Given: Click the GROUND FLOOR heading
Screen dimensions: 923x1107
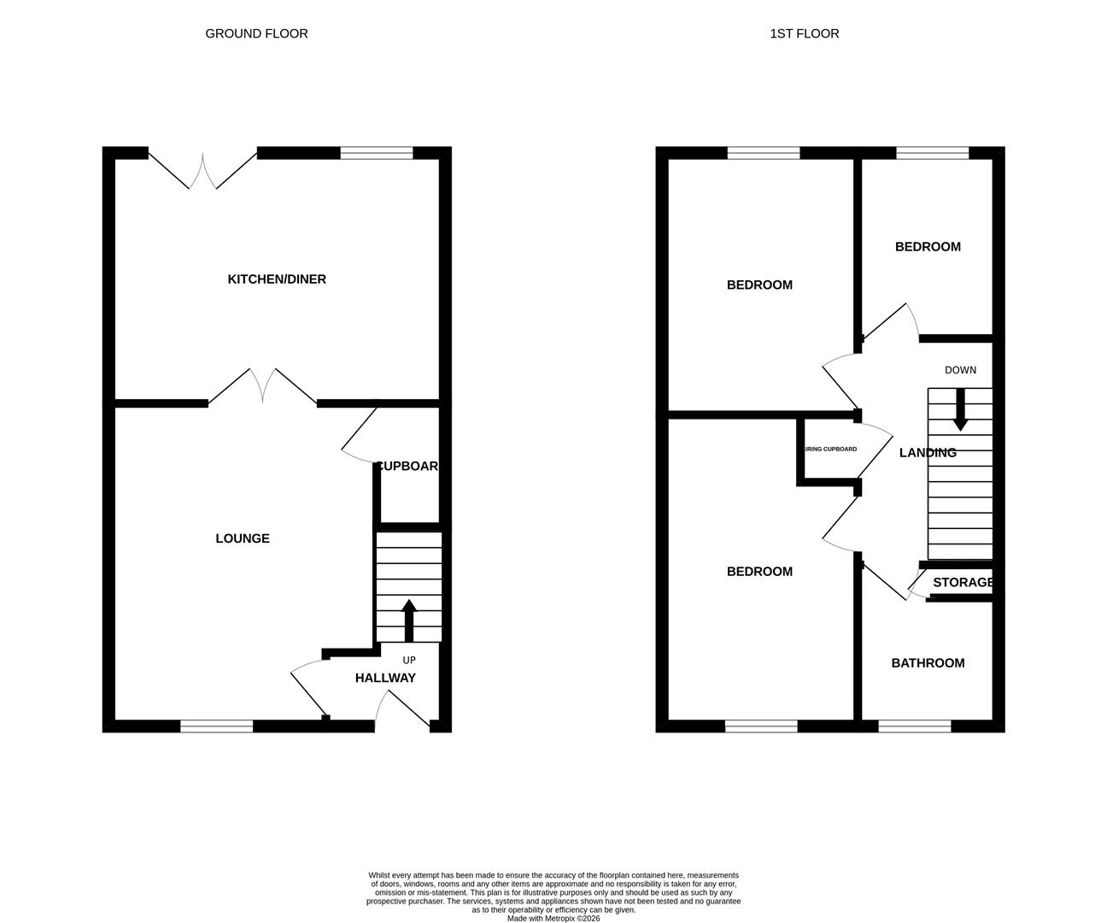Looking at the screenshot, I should pos(256,33).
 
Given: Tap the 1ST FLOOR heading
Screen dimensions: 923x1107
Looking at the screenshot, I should pos(804,33).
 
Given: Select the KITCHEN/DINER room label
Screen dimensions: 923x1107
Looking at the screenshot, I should pos(277,279).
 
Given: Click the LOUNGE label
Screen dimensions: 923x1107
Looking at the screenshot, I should pos(243,538).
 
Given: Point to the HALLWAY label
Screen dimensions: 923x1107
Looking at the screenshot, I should pos(385,678).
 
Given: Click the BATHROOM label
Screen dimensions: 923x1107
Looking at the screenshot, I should pos(928,663).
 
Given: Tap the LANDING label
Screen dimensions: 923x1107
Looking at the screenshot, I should pos(928,453).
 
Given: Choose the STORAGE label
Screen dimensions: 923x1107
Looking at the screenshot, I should pos(963,583).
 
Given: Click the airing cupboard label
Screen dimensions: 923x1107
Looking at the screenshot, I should pos(829,449).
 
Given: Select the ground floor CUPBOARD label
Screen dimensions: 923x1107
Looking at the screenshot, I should pos(408,467).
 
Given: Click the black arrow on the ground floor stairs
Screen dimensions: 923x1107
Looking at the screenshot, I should pos(408,620).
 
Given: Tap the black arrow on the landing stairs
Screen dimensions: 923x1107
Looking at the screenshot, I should pos(960,409).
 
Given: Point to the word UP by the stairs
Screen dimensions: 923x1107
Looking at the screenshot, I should pos(409,661).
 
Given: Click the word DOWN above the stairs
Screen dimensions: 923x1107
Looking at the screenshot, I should pos(960,370).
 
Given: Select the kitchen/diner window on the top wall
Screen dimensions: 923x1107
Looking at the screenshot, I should pos(377,154).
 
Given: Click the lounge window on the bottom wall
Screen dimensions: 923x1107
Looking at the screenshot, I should pos(217,726).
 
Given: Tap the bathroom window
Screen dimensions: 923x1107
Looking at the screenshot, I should pos(915,726).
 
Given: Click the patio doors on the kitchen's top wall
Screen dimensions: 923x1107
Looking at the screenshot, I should pos(203,170).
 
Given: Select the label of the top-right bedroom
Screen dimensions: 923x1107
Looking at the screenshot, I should pos(928,247).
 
